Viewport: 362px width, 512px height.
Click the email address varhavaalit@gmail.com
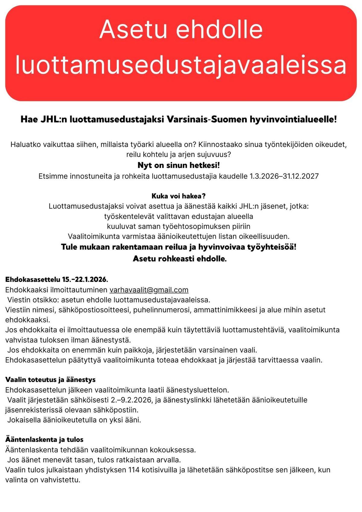pos(149,290)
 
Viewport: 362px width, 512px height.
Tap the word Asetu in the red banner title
pos(133,29)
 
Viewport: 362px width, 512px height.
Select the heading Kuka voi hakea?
pos(179,196)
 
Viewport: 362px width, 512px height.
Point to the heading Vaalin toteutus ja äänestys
pos(50,379)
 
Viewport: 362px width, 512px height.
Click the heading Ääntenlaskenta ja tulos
pos(44,439)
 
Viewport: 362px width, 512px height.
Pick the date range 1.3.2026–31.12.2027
pos(284,176)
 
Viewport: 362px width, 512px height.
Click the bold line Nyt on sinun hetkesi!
pos(179,165)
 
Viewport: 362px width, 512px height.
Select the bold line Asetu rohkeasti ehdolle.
pos(180,259)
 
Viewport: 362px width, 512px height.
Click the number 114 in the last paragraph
pos(134,470)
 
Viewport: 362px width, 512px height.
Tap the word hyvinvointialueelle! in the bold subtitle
pos(293,119)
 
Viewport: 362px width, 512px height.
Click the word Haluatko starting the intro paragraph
pos(26,145)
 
